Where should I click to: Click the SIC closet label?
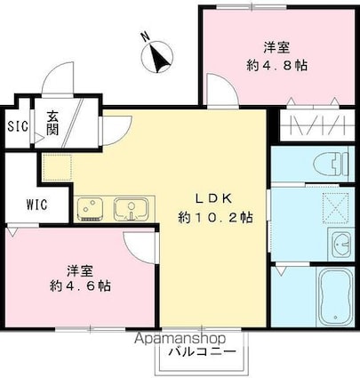[x=18, y=127]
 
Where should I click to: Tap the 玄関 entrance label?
[x=52, y=124]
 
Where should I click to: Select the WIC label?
[x=36, y=205]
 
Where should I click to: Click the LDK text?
[x=212, y=198]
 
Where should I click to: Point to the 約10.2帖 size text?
[x=215, y=218]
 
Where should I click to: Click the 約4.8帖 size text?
[x=276, y=65]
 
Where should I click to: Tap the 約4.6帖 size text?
[x=80, y=286]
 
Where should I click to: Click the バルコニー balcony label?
[x=203, y=352]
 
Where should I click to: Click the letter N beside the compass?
[x=145, y=36]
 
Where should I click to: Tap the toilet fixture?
[x=331, y=165]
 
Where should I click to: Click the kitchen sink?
[x=132, y=209]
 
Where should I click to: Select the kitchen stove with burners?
[x=90, y=209]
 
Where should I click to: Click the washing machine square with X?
[x=336, y=208]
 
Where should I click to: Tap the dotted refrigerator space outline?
[x=57, y=167]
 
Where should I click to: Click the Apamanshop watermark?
[x=180, y=338]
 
